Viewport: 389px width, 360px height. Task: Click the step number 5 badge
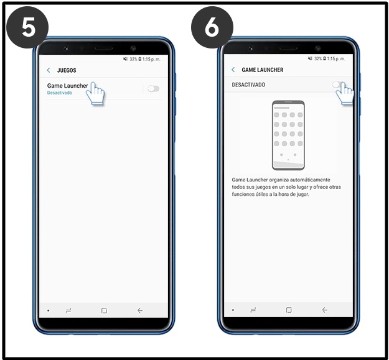(27, 27)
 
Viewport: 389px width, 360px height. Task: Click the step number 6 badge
(212, 27)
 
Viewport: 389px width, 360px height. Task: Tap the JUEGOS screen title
(67, 70)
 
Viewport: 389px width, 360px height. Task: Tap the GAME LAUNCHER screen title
(262, 70)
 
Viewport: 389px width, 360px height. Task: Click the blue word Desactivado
(60, 93)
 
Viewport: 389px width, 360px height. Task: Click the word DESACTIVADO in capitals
(248, 85)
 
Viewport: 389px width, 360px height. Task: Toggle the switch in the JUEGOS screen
(153, 88)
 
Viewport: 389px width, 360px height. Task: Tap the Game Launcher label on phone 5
(67, 86)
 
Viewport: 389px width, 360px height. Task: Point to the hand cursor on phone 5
(95, 93)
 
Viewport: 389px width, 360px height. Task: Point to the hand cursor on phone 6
(345, 93)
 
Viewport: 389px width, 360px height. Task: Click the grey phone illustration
(288, 136)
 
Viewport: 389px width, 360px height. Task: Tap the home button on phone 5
(104, 310)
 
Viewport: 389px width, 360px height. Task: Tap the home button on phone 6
(289, 310)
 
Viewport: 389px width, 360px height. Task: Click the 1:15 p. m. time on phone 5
(151, 59)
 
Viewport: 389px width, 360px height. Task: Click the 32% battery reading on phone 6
(318, 58)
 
